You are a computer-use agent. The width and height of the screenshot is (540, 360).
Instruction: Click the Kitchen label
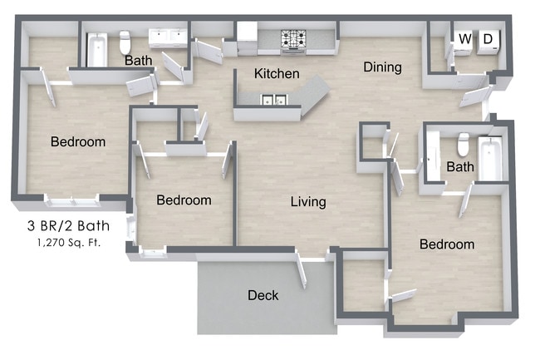[277, 74]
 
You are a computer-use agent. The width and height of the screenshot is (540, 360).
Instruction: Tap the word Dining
[382, 67]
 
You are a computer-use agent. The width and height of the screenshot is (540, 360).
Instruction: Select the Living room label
[307, 202]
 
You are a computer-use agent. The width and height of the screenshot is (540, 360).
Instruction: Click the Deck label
[263, 295]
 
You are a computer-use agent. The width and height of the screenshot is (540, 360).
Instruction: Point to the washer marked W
[464, 39]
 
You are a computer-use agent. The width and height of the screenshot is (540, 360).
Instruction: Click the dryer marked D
[488, 39]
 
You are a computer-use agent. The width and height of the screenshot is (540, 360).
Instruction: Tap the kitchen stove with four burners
[292, 38]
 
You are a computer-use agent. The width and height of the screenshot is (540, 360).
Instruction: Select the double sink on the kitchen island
[273, 101]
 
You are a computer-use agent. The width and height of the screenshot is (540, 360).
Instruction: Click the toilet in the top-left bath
[125, 42]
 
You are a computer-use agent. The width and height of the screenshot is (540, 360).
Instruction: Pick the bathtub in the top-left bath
[97, 49]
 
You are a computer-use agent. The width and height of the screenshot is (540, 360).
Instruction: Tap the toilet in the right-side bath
[464, 145]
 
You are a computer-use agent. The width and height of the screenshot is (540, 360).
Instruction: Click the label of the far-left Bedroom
[78, 142]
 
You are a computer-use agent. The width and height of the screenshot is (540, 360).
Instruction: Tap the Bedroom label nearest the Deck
[184, 200]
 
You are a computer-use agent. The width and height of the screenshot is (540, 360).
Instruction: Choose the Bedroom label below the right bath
[446, 244]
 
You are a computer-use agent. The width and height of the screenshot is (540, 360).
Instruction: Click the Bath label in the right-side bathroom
[460, 167]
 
